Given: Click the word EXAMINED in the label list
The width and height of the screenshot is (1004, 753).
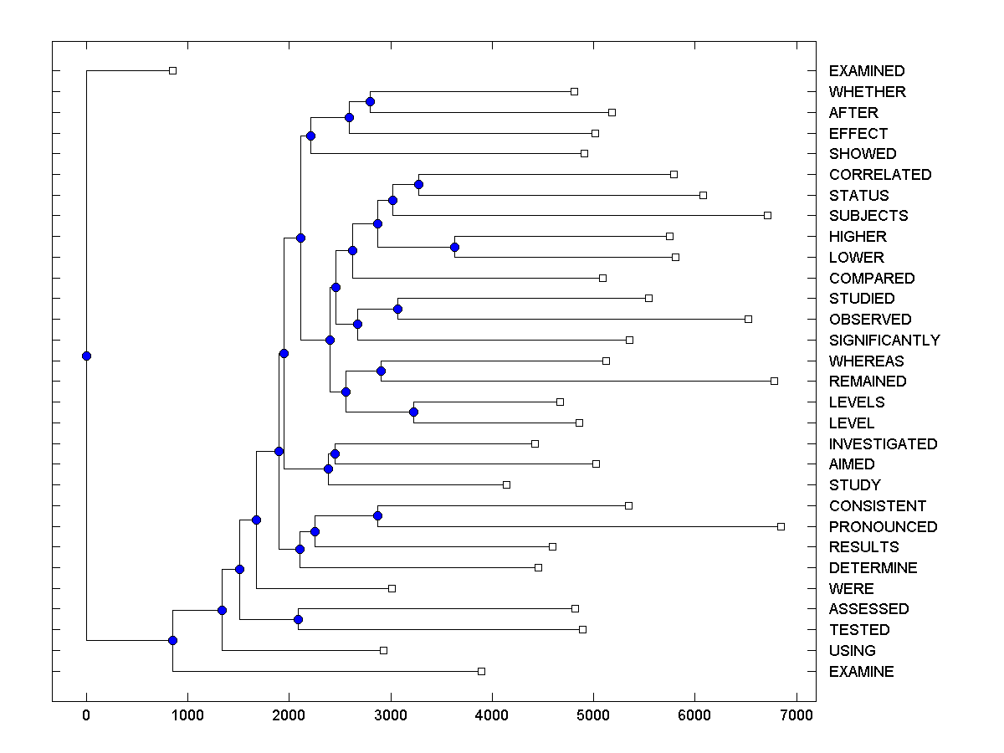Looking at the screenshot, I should (867, 71).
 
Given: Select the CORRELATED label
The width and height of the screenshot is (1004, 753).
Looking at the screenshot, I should (880, 175).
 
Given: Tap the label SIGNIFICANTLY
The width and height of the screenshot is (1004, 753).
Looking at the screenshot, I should (884, 341).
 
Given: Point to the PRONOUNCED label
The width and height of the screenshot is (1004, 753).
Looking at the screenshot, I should (883, 527).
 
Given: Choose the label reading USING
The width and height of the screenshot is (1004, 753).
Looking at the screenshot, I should (852, 651).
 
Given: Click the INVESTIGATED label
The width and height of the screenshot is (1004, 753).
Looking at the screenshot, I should (883, 444).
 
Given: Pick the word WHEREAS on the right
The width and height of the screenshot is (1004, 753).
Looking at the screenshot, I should (867, 361).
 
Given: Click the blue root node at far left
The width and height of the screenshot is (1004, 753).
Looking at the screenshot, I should (86, 356).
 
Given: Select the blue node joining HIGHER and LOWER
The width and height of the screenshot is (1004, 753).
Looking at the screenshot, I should (454, 247).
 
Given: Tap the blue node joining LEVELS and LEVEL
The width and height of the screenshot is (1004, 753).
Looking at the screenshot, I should (413, 412).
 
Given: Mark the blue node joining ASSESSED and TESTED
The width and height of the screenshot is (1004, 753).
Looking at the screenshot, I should (298, 619).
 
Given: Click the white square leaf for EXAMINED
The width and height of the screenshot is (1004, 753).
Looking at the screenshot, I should (172, 71).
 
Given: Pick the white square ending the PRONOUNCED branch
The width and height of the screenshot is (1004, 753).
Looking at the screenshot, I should (781, 526).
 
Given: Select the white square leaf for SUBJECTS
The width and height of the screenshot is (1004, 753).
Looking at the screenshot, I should (767, 215).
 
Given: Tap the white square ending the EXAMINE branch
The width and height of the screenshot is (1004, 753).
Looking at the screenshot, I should (481, 671).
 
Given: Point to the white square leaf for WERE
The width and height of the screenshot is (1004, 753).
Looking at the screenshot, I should (392, 588).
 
